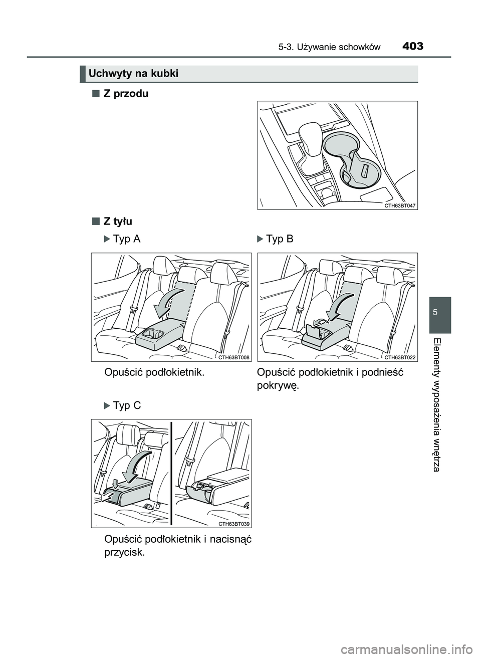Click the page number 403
412,47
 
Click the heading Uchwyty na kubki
133,74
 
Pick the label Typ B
279,239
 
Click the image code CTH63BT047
400,205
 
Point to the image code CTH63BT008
233,357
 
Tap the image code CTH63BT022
400,357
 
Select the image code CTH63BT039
233,524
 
